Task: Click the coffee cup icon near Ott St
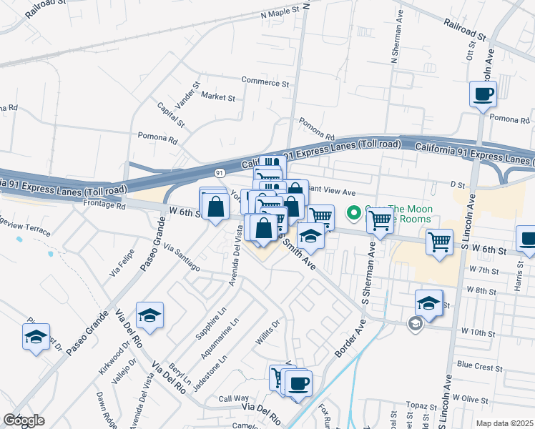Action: click(x=483, y=94)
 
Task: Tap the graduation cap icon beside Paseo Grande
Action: click(x=149, y=315)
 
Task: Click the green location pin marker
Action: click(x=353, y=213)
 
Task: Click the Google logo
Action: click(x=24, y=420)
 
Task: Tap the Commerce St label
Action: click(x=265, y=82)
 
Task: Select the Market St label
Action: click(x=217, y=97)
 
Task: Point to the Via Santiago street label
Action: click(x=182, y=257)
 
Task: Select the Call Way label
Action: click(x=233, y=398)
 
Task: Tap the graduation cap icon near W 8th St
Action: click(x=428, y=303)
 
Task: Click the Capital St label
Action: click(x=171, y=114)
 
